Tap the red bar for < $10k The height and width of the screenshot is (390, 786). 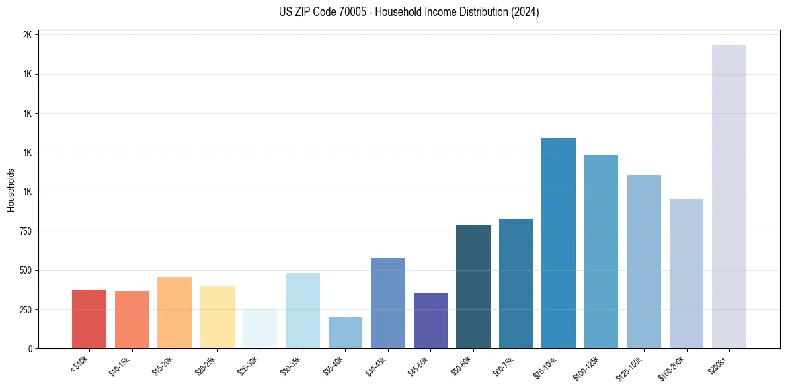point(89,319)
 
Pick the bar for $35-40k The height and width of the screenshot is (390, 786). point(345,332)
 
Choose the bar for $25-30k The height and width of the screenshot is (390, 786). point(260,329)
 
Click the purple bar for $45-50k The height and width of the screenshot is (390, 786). point(430,321)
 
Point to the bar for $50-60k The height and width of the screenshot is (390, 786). point(473,286)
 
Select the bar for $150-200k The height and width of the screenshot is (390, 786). point(686,274)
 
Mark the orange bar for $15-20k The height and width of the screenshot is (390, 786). point(175,313)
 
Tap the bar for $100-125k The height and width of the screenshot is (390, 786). point(601,251)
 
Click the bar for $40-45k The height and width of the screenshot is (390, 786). point(388,303)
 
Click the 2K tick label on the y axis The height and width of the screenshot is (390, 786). point(27,35)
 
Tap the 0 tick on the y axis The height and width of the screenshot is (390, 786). point(30,349)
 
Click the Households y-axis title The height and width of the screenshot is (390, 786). point(11,190)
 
